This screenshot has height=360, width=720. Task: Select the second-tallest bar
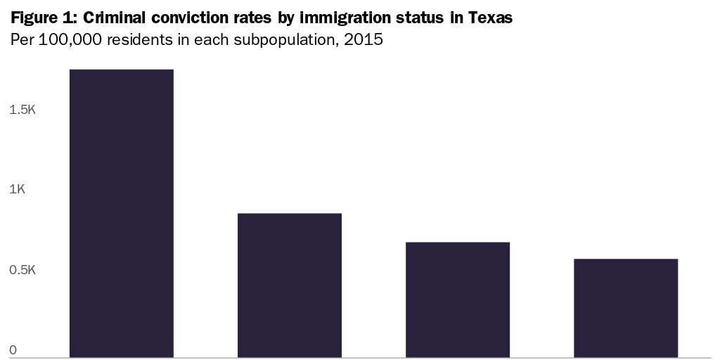coord(290,285)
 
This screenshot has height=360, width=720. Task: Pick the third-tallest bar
coord(458,300)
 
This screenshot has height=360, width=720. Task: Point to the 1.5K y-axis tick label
coord(22,110)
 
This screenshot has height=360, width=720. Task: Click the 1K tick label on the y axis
coord(17,190)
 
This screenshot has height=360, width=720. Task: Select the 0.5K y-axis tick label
coord(22,271)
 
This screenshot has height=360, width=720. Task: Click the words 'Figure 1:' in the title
coord(44,18)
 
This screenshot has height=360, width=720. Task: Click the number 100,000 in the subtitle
coord(69,39)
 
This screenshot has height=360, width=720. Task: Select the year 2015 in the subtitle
coord(364,39)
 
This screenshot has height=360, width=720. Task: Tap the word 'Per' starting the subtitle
coord(21,39)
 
